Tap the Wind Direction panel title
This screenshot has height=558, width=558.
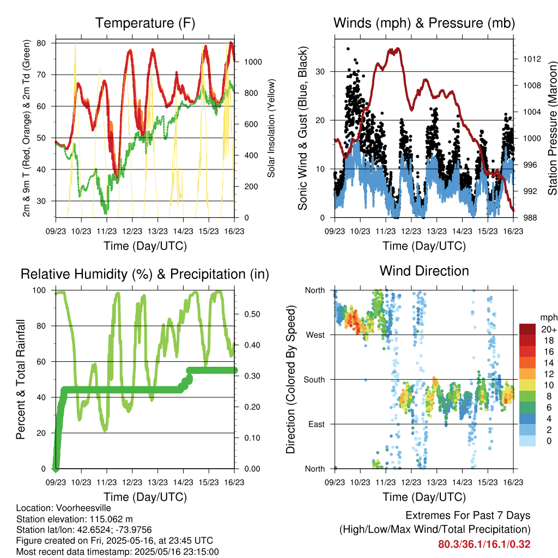tap(424, 270)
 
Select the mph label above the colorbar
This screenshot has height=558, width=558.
tap(548, 317)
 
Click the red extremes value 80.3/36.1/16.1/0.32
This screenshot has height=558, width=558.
tap(484, 544)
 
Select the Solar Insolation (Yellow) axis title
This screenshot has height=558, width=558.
tap(271, 128)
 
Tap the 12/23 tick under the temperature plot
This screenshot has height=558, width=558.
tap(132, 231)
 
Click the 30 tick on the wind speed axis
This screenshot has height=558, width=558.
tap(322, 71)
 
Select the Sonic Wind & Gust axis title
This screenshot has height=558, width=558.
tap(303, 128)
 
